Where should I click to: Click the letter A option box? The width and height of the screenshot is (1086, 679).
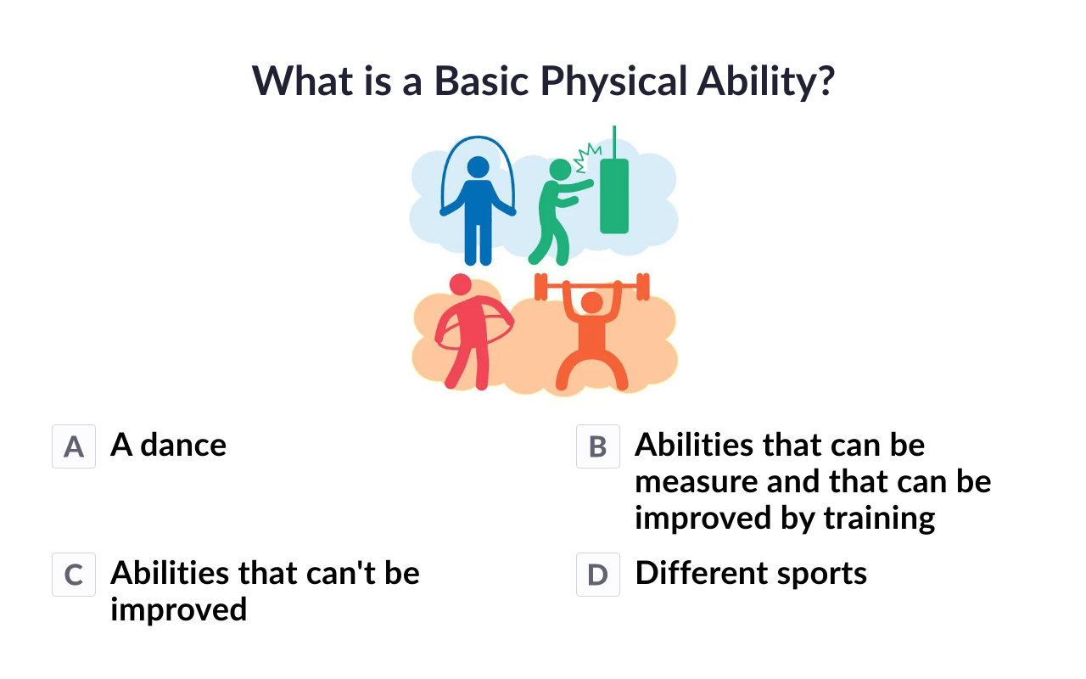click(x=74, y=446)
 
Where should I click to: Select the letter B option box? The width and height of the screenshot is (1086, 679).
click(x=598, y=446)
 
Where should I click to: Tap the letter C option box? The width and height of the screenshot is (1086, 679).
click(x=74, y=575)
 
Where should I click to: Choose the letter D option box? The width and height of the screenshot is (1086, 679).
click(x=598, y=575)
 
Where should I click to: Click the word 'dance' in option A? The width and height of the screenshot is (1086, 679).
click(x=183, y=445)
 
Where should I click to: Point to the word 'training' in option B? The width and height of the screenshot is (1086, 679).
click(x=879, y=519)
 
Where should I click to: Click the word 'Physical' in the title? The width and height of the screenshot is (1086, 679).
click(x=613, y=81)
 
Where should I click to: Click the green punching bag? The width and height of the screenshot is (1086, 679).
click(x=614, y=195)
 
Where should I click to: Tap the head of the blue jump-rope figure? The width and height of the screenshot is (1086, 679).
click(x=478, y=167)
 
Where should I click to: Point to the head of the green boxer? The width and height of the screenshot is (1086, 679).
click(x=561, y=170)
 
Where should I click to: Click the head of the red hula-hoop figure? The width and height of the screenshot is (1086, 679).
click(x=461, y=284)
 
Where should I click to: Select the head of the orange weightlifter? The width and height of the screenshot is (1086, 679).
click(x=591, y=303)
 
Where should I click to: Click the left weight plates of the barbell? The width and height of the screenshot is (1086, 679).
click(x=540, y=287)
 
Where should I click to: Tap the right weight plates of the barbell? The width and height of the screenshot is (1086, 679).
click(x=643, y=287)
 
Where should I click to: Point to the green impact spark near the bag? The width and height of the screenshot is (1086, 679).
click(x=587, y=158)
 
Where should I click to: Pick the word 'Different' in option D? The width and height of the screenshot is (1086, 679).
click(x=701, y=573)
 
